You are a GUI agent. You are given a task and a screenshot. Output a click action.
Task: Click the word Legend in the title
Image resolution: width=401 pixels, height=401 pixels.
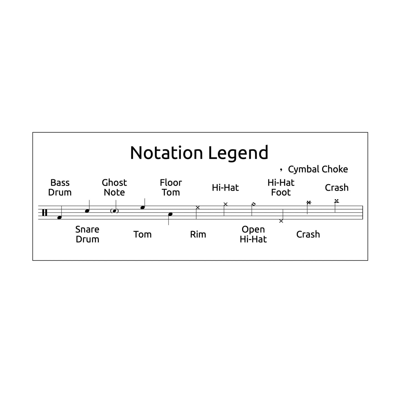coord(238,153)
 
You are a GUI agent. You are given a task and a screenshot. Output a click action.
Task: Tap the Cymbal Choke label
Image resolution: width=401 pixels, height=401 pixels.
coord(318,169)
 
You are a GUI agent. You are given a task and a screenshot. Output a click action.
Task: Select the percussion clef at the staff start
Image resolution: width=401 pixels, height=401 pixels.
coord(44,213)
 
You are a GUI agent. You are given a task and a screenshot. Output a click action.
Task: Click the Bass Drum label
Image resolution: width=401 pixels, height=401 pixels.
coord(60,188)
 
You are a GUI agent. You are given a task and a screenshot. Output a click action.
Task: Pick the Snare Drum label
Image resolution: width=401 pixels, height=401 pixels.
coord(87,234)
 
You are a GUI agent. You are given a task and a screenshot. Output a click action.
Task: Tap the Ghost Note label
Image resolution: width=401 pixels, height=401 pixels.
coord(114,188)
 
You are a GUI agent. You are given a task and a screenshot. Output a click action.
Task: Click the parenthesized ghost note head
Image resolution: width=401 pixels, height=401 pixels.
coord(114,211)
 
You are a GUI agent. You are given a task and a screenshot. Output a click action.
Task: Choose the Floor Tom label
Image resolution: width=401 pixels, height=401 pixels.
coord(171,188)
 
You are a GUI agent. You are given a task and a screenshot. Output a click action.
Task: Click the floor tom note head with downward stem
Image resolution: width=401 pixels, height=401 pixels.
coord(170,214)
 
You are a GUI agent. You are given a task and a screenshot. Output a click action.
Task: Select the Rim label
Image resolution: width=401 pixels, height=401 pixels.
coord(198,234)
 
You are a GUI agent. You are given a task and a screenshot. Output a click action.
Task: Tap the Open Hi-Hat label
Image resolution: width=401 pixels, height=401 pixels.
coord(253,234)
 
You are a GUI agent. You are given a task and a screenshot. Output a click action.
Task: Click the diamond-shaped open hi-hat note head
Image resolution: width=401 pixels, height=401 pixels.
coord(253,204)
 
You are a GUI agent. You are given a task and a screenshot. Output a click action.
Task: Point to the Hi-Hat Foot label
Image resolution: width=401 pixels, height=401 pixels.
coord(281,188)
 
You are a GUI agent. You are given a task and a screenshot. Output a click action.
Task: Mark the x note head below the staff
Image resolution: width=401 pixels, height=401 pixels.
coord(281,221)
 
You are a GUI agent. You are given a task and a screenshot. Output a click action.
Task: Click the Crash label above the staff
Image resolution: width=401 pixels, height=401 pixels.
coord(337,188)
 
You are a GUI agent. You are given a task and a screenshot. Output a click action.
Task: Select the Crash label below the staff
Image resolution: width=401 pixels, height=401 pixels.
coord(308,234)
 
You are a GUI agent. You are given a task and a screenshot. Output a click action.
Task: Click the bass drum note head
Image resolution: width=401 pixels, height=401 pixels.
coord(59,218)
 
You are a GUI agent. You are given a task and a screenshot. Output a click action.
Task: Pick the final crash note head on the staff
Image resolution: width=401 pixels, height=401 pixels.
coord(337,201)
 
